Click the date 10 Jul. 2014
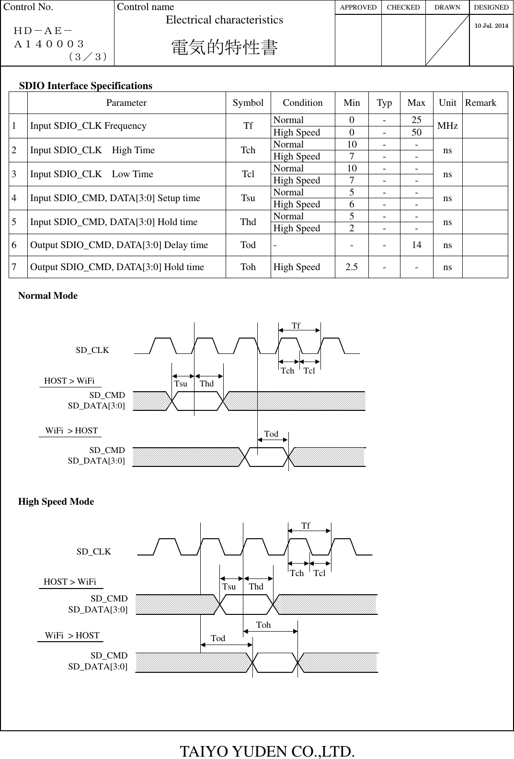coord(491,25)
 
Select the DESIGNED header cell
coord(491,7)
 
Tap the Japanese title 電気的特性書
coord(224,47)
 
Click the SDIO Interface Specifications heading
coord(86,86)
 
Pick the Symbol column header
coord(248,102)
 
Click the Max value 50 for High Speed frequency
coord(416,132)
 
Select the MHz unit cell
coord(447,125)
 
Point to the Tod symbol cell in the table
coord(248,245)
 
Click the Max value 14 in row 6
coord(416,245)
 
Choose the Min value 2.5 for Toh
coord(352,267)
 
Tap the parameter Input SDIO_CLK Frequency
coord(88,125)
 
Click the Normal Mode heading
coord(48,295)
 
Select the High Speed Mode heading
coord(56,501)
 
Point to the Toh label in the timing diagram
coord(263,625)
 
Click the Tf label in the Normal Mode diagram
coord(296,326)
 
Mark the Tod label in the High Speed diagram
coord(218,638)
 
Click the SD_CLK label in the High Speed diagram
coord(94,552)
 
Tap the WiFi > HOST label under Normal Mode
coord(71,430)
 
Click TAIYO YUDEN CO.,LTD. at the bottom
coord(267,751)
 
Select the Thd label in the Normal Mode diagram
coord(206,384)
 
